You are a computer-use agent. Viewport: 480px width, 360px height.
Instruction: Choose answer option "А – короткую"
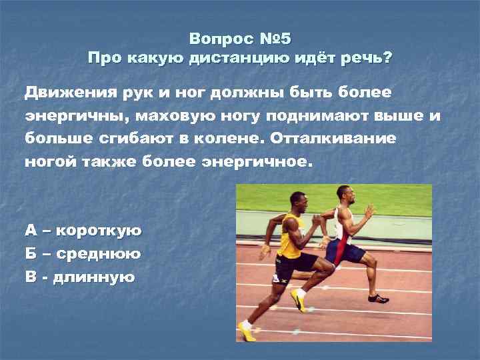[83, 231]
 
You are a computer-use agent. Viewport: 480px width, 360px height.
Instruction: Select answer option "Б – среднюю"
[82, 253]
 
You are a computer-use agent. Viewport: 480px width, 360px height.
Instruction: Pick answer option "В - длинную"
[80, 276]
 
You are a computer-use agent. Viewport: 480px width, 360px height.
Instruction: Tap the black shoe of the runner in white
[378, 297]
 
